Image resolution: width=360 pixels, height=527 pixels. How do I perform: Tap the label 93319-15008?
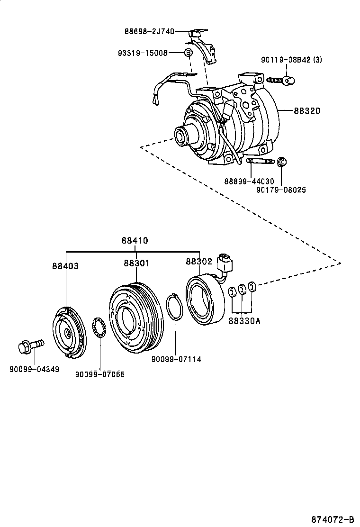point(143,53)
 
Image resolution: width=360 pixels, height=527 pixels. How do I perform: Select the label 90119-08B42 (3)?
point(291,59)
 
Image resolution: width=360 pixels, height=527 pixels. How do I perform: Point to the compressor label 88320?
point(307,111)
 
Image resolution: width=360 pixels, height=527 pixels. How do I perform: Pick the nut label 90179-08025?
point(281,190)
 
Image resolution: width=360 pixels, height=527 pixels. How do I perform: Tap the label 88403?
point(65,266)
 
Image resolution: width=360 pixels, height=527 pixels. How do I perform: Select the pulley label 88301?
point(137,263)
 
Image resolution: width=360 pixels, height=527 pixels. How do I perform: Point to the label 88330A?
point(244,321)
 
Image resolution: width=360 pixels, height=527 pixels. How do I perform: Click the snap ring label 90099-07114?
point(176,359)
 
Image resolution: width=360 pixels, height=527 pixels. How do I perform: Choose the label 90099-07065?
point(100,374)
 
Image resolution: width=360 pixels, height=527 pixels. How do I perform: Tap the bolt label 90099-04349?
point(35,369)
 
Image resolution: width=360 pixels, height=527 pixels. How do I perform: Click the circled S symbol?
point(188,53)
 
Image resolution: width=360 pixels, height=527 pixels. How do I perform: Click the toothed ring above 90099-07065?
point(100,329)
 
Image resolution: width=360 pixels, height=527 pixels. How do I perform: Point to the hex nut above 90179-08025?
point(281,163)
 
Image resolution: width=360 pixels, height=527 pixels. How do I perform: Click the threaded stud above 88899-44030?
point(260,163)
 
